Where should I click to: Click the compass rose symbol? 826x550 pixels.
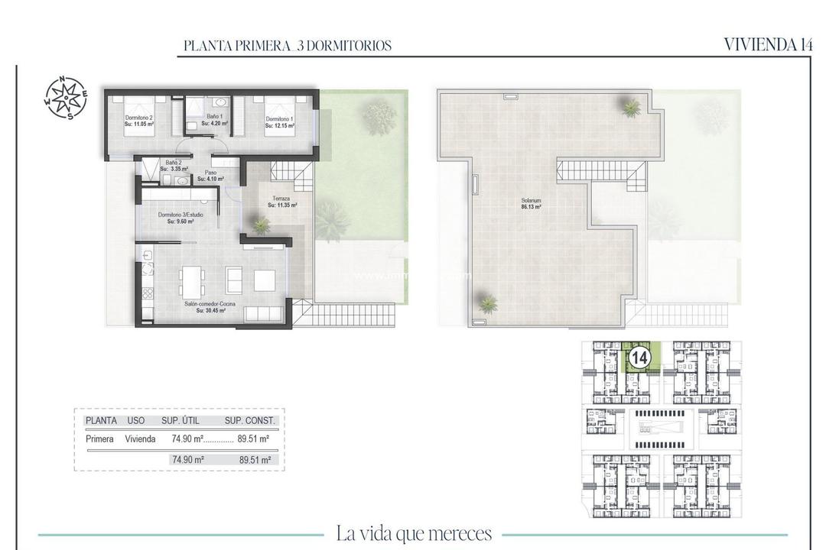tap(65, 98)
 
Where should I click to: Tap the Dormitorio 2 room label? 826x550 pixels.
tap(139, 121)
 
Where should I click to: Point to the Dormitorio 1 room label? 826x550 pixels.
tap(280, 121)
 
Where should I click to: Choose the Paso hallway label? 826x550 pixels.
tap(210, 176)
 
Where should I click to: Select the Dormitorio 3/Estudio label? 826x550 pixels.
tap(181, 218)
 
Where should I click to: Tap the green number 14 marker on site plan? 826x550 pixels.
tap(639, 357)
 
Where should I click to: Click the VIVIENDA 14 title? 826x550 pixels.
tap(767, 44)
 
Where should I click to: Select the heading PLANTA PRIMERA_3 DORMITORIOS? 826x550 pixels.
tap(288, 46)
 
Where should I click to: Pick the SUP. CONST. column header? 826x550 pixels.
tap(249, 420)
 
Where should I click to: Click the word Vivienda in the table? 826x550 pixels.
tap(141, 439)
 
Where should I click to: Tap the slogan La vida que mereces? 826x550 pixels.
tap(414, 533)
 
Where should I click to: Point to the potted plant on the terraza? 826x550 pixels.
tap(261, 225)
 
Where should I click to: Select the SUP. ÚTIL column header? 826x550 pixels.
tap(182, 420)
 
